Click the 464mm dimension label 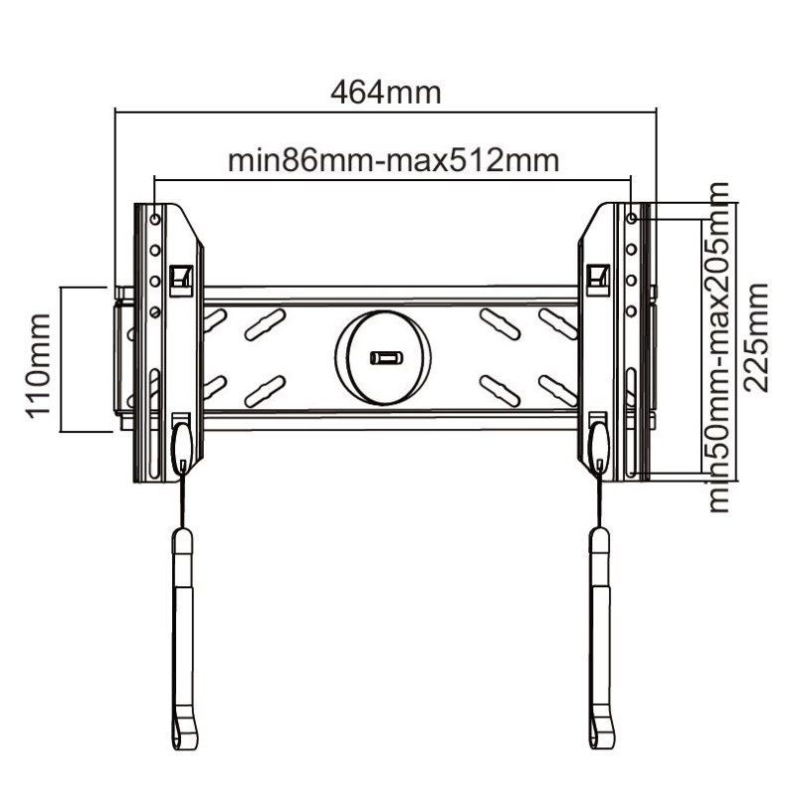click(x=385, y=93)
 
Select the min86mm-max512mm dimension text click(x=393, y=160)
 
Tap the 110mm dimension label click(x=38, y=366)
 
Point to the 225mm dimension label click(x=756, y=338)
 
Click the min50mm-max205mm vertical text click(x=717, y=347)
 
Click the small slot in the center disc click(x=386, y=358)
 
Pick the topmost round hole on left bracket click(x=155, y=219)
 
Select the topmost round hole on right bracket click(x=632, y=218)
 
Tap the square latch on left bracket click(x=181, y=281)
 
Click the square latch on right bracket click(x=598, y=280)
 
